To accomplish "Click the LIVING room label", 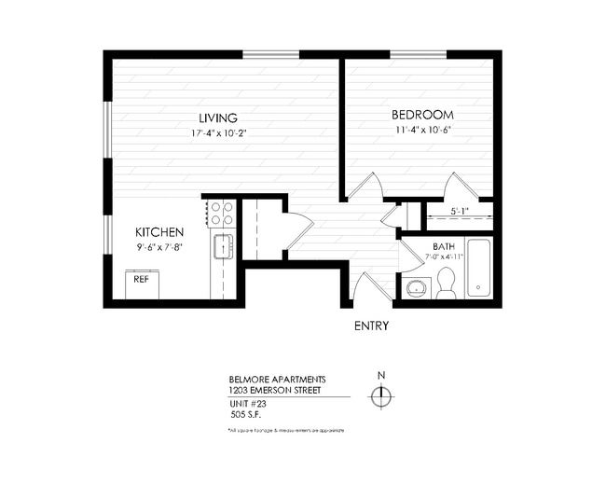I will point(217,118).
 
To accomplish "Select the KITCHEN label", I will point(158,232).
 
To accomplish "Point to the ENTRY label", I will point(371,326).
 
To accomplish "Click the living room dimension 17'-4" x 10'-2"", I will point(217,133).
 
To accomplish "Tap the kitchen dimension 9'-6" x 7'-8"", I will point(158,247).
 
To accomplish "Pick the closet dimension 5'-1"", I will point(460,211).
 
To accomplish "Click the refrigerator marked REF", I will point(142,282).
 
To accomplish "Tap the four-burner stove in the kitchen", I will point(221,214).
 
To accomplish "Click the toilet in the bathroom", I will point(445,283).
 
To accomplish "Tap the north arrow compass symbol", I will point(380,396).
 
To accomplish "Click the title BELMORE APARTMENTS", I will point(277,380).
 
